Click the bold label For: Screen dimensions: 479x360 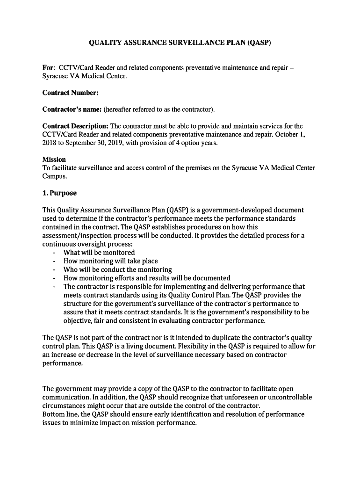[x=49, y=68]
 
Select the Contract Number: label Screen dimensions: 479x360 [x=70, y=93]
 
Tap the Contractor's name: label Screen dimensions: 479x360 [x=72, y=109]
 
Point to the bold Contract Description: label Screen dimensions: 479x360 [x=75, y=126]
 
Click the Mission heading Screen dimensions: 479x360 [x=54, y=160]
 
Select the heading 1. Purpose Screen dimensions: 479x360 [x=59, y=193]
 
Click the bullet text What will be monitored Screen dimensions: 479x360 [x=99, y=253]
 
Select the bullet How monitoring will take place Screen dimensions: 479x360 [x=110, y=261]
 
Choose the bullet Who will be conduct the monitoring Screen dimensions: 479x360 [x=117, y=269]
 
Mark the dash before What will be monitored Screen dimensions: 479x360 [x=55, y=253]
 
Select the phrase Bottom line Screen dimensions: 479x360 [x=60, y=414]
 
